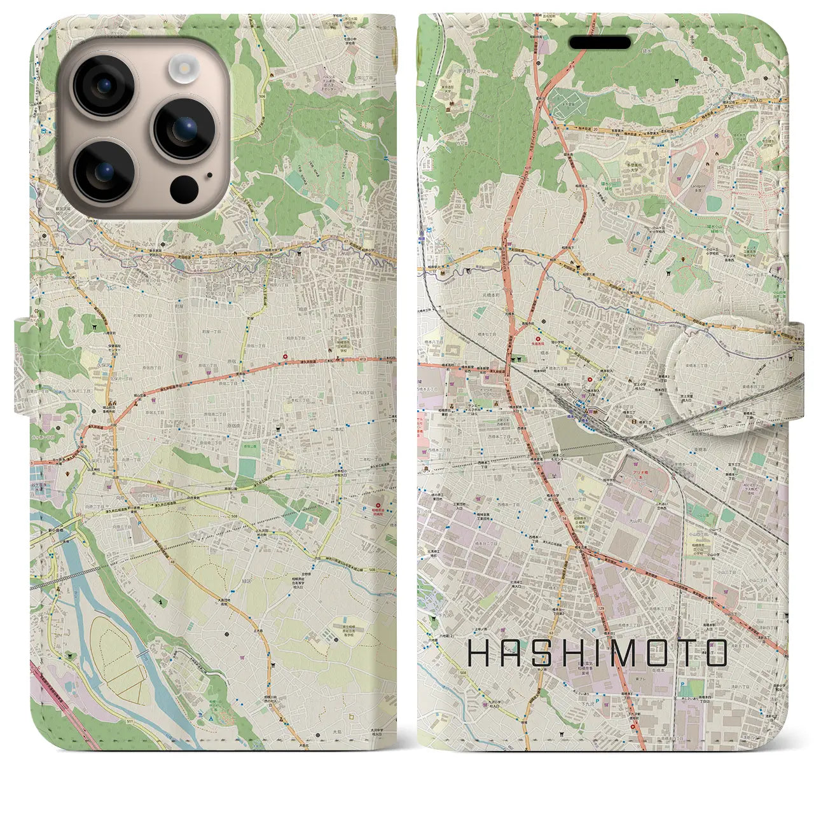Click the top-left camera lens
pos(102,85)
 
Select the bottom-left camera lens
pos(102,170)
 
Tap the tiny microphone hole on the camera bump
pos(209,174)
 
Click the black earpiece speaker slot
pos(600,43)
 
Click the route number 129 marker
pos(600,608)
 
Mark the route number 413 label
pos(363,359)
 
